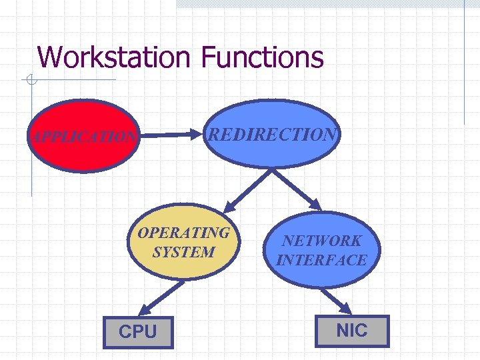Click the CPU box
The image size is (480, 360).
pyautogui.click(x=138, y=332)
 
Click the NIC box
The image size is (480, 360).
pyautogui.click(x=352, y=330)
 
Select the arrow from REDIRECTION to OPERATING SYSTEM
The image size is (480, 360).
pyautogui.click(x=246, y=187)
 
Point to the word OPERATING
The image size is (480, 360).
pyautogui.click(x=183, y=233)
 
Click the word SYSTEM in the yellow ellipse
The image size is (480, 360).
pyautogui.click(x=183, y=252)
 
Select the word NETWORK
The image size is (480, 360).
pyautogui.click(x=321, y=241)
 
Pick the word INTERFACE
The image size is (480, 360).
pyautogui.click(x=321, y=259)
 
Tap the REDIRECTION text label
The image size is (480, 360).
pyautogui.click(x=272, y=134)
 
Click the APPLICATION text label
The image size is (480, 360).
pyautogui.click(x=83, y=138)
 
